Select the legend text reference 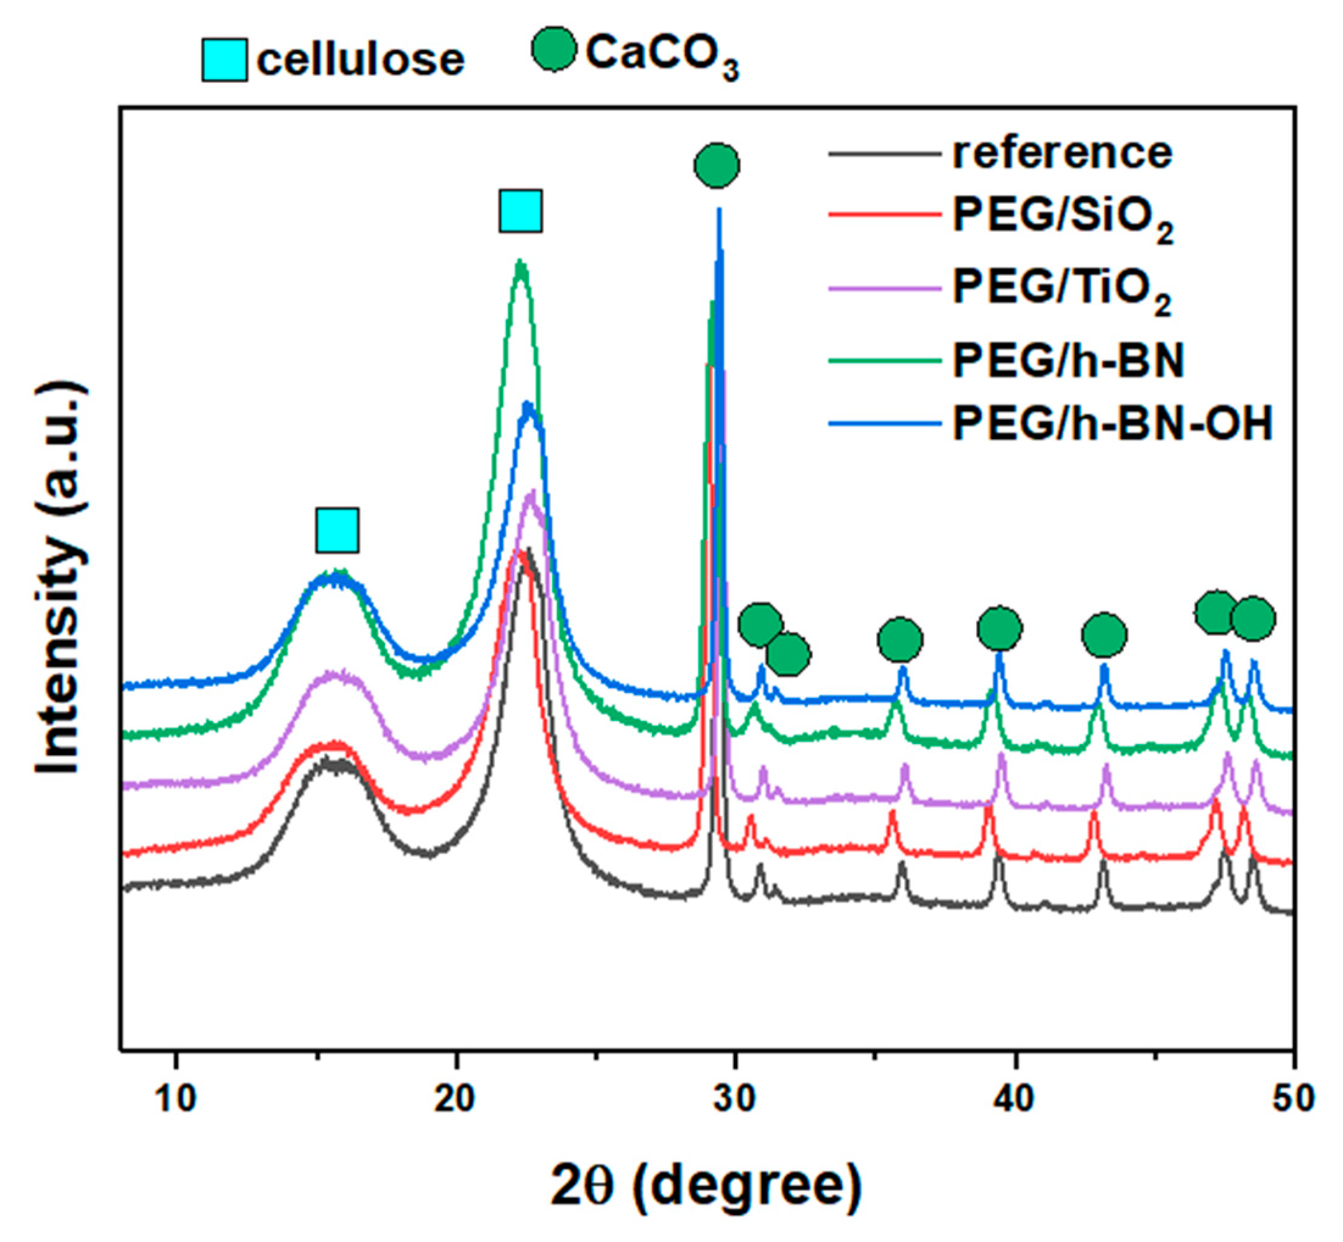1062,153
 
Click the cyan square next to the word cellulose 225,60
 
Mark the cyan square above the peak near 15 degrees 337,530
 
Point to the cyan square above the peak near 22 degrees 520,211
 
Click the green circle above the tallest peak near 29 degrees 717,165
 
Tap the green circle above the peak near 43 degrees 1104,634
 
